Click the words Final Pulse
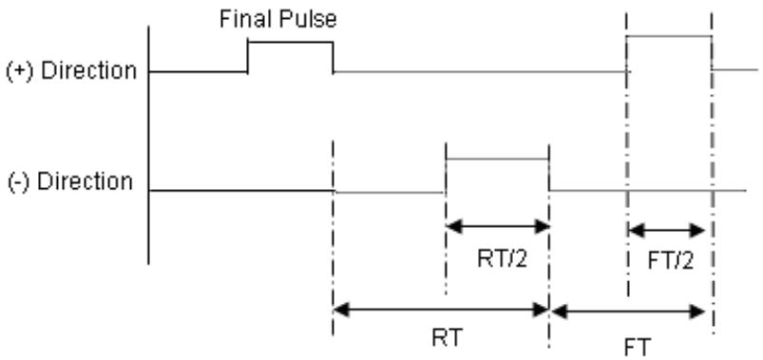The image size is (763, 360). pyautogui.click(x=277, y=20)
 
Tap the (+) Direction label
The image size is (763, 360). pyautogui.click(x=71, y=71)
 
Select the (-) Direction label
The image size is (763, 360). pyautogui.click(x=70, y=182)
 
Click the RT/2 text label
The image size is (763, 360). pyautogui.click(x=503, y=259)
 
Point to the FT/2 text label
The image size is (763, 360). pyautogui.click(x=671, y=262)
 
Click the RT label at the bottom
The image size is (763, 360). pyautogui.click(x=447, y=337)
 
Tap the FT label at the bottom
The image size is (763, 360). pyautogui.click(x=637, y=348)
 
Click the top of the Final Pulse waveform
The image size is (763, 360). pyautogui.click(x=291, y=43)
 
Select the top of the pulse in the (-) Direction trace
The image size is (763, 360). pyautogui.click(x=497, y=159)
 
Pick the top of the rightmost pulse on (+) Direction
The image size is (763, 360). pyautogui.click(x=669, y=36)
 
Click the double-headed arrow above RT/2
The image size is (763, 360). pyautogui.click(x=498, y=227)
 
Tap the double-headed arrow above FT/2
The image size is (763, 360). pyautogui.click(x=667, y=230)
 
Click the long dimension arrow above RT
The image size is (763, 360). pyautogui.click(x=441, y=310)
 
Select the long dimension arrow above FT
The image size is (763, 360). pyautogui.click(x=629, y=312)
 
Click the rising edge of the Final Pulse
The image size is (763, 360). pyautogui.click(x=248, y=57)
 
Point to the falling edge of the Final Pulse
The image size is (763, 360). pyautogui.click(x=334, y=57)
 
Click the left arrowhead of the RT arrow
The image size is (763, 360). pyautogui.click(x=342, y=310)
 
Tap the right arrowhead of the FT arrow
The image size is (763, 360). pyautogui.click(x=697, y=312)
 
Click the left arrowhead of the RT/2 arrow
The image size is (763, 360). pyautogui.click(x=454, y=227)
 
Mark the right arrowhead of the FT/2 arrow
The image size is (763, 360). pyautogui.click(x=697, y=230)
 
